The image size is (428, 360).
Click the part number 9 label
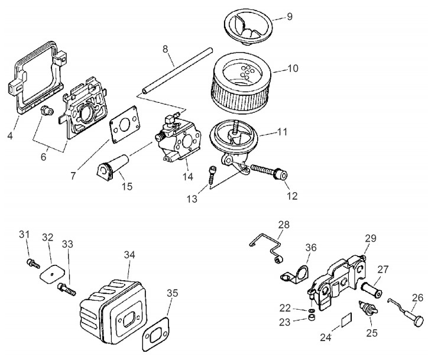(289, 17)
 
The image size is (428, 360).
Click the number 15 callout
(127, 186)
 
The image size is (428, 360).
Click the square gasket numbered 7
(127, 124)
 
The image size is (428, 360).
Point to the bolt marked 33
(65, 289)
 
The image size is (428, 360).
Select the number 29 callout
(371, 238)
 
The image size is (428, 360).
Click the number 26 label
(418, 298)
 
